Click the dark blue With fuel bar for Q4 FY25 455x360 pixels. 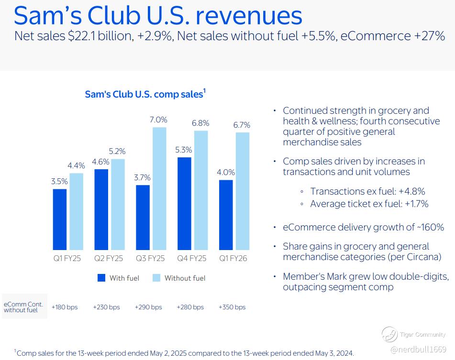(184, 204)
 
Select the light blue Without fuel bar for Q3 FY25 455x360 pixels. (159, 188)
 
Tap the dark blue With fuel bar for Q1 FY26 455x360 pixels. (226, 215)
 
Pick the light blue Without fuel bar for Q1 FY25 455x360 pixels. (77, 212)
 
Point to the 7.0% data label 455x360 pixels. (158, 120)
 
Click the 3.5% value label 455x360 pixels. (59, 182)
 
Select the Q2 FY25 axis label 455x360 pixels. (109, 258)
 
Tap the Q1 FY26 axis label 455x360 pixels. (233, 258)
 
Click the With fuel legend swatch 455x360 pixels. (101, 278)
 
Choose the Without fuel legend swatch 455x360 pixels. (156, 278)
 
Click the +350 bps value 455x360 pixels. (232, 307)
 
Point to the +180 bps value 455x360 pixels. (65, 307)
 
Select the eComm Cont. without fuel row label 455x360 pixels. (23, 307)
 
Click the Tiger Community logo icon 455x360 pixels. (389, 334)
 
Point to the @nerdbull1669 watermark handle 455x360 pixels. (418, 349)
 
